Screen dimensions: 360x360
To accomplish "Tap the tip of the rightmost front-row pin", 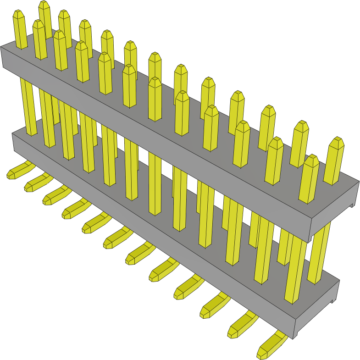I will (311, 160).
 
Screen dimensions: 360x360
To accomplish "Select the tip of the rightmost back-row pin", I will (338, 142).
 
